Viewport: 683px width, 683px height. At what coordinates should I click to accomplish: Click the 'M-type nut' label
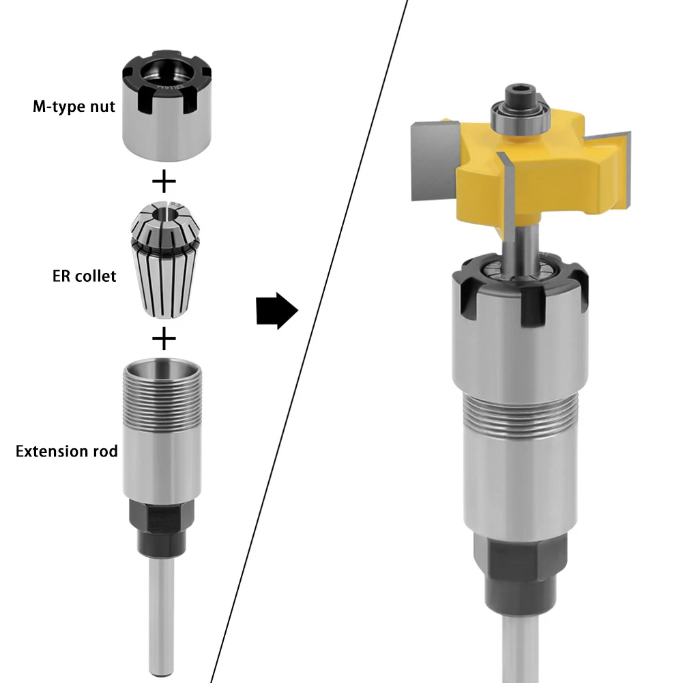click(74, 106)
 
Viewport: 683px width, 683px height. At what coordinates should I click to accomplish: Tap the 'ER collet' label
click(85, 276)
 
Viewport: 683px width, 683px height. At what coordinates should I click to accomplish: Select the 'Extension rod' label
click(67, 451)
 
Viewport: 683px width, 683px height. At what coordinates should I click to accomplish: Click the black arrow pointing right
click(277, 310)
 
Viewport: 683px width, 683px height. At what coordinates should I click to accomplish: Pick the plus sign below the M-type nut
click(164, 181)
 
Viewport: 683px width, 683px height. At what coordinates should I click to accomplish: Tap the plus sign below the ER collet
click(164, 338)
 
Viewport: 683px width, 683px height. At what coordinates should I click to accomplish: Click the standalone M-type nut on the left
click(166, 105)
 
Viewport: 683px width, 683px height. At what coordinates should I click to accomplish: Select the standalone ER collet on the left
click(166, 259)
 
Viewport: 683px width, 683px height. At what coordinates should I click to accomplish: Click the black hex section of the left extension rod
click(162, 528)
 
